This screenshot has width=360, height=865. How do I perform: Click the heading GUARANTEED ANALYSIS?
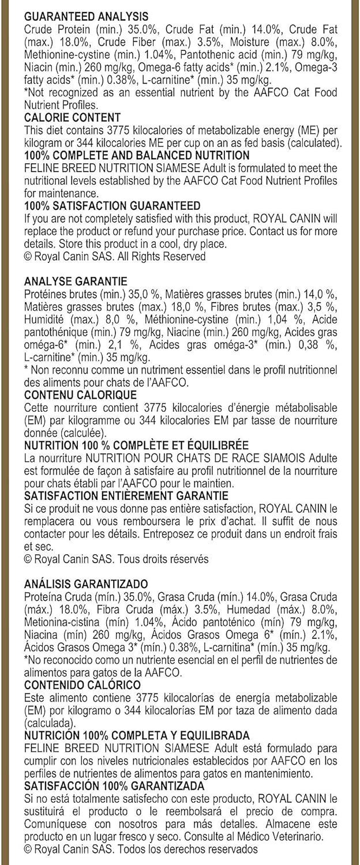click(86, 17)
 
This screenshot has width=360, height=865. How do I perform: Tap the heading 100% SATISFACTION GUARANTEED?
click(112, 205)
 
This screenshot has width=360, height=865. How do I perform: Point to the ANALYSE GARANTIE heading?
click(76, 281)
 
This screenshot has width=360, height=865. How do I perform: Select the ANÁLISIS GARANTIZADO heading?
click(86, 584)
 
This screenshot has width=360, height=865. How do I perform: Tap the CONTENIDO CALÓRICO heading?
click(82, 685)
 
